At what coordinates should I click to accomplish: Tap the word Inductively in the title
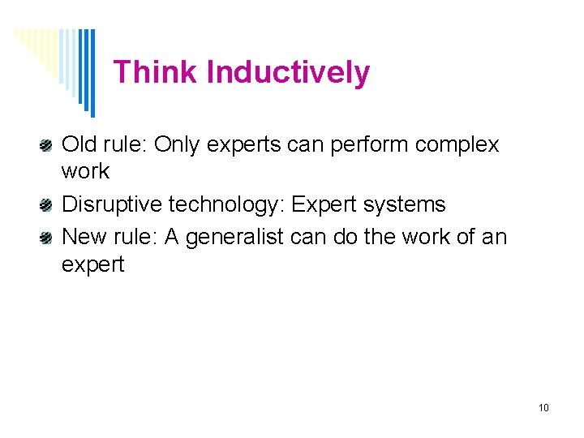tap(288, 73)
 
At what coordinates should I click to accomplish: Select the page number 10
tap(543, 407)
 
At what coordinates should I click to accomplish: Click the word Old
tap(79, 145)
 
